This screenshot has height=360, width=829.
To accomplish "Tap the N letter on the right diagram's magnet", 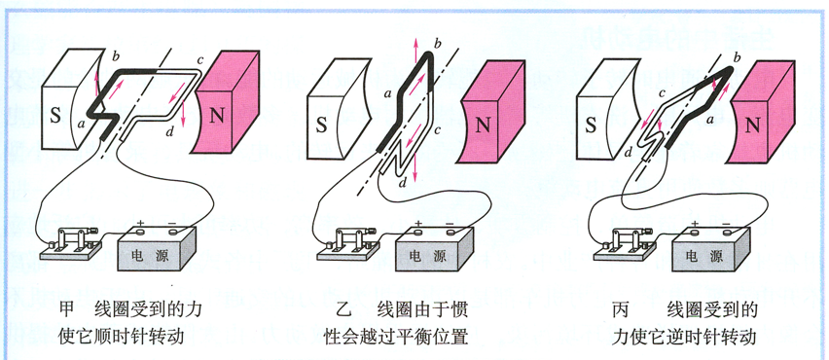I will tap(753, 125).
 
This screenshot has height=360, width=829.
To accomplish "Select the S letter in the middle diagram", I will tap(321, 125).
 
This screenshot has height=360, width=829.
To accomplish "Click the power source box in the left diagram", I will tap(154, 251).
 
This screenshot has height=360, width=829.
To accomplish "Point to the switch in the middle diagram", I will tap(348, 241).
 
